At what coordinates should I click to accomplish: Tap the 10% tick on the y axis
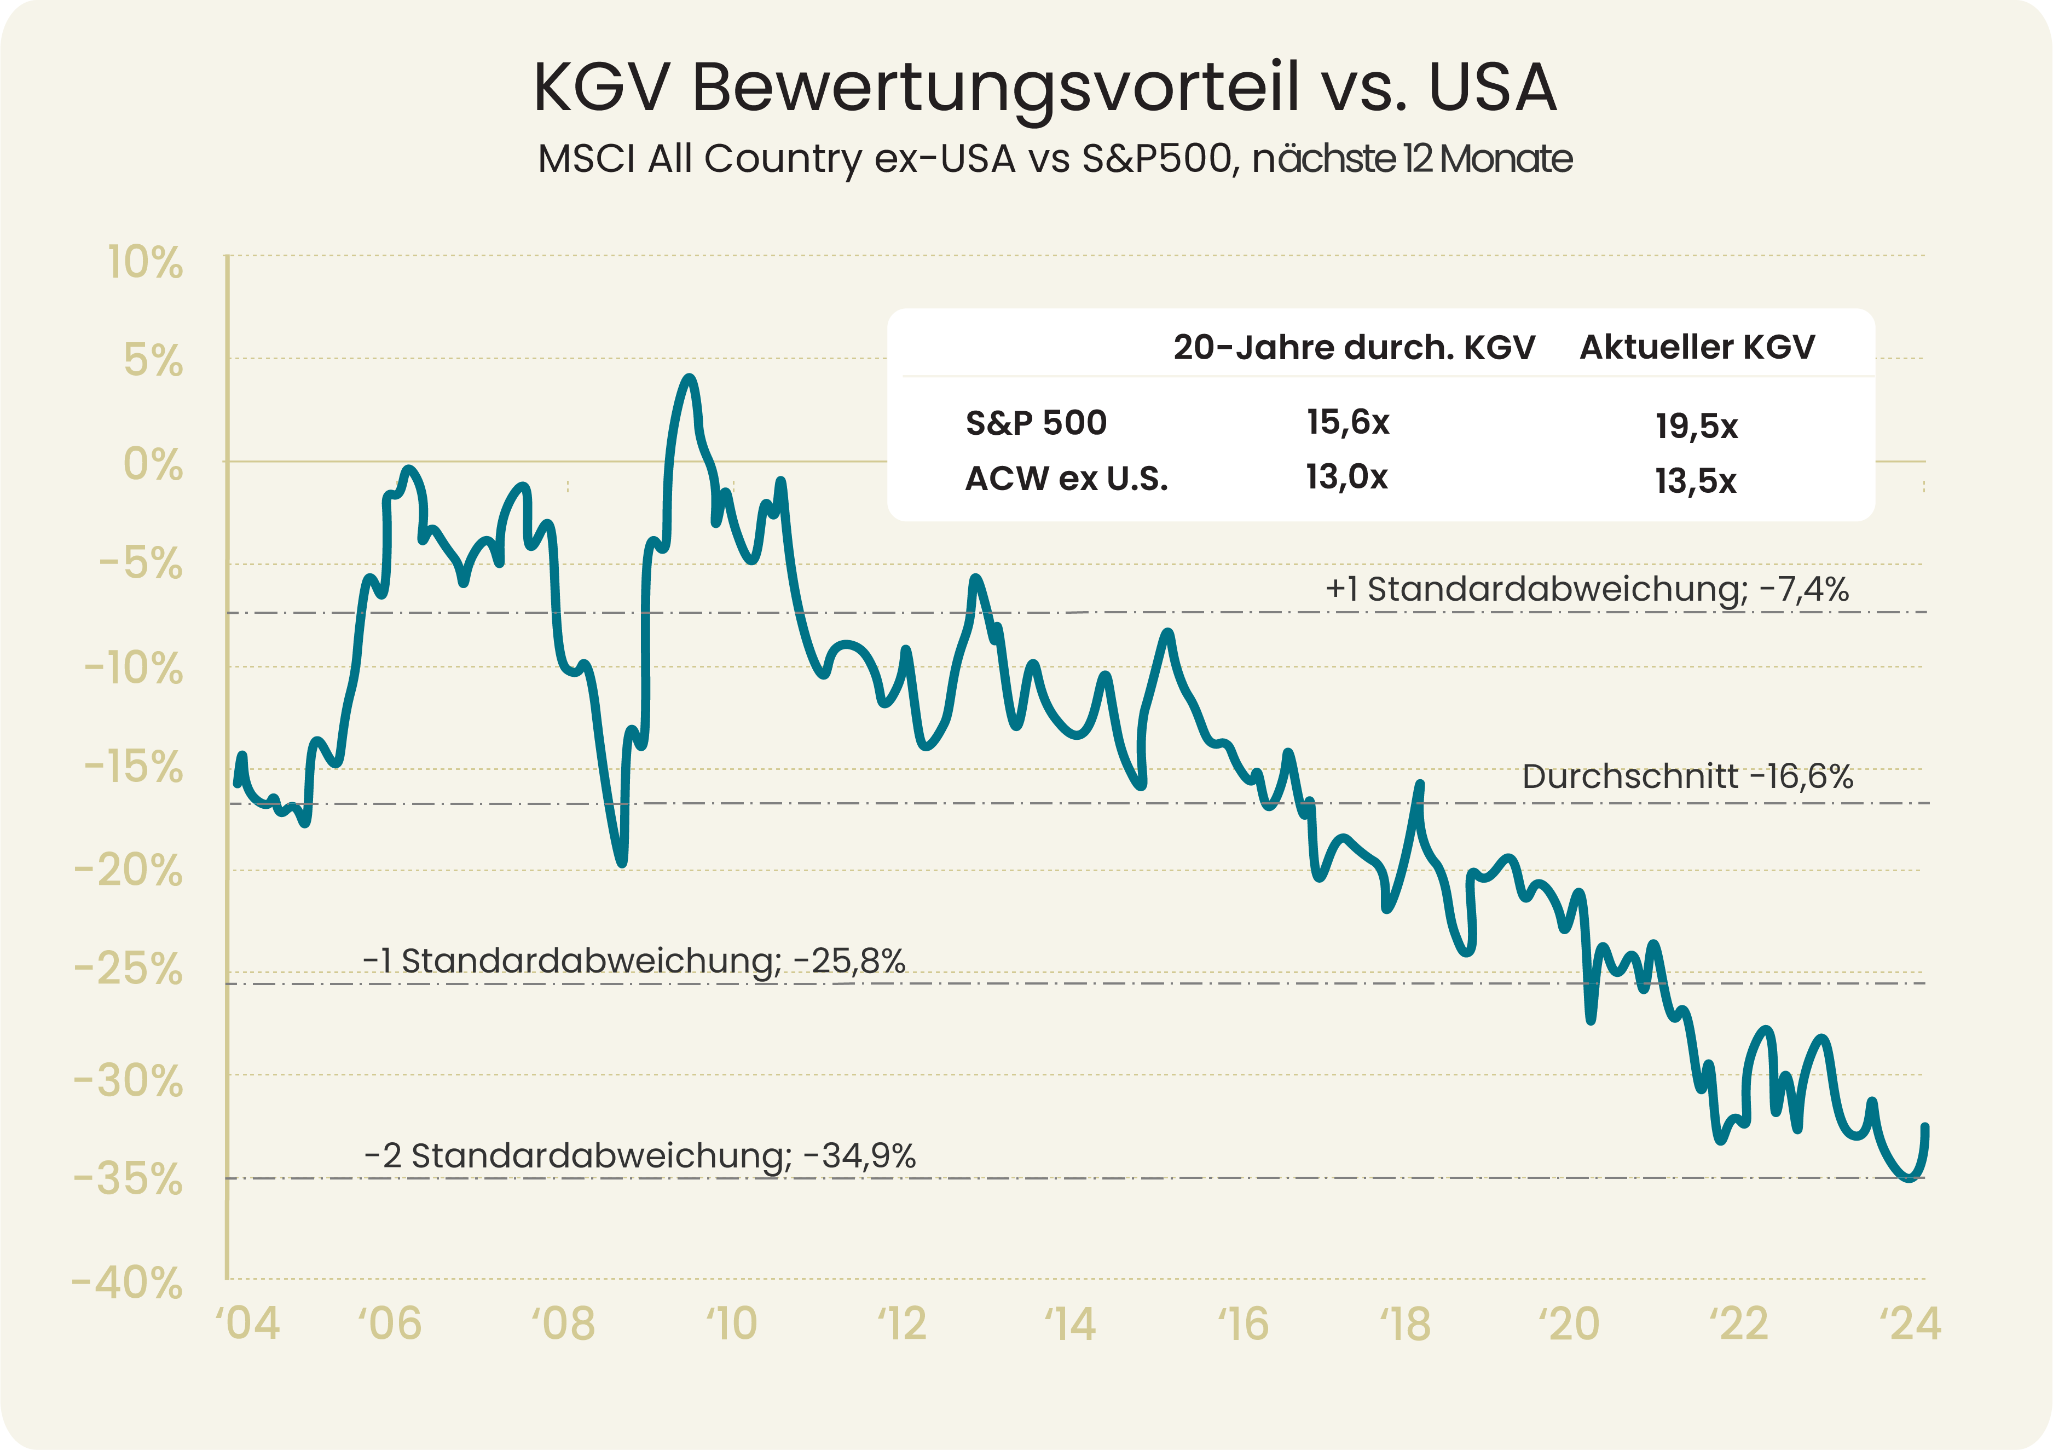pyautogui.click(x=146, y=263)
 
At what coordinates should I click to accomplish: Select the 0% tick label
pyautogui.click(x=153, y=465)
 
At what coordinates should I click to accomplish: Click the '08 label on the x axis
pyautogui.click(x=563, y=1324)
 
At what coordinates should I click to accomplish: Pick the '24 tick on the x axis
pyautogui.click(x=1910, y=1324)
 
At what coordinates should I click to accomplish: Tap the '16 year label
pyautogui.click(x=1243, y=1324)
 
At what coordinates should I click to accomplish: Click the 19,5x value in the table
pyautogui.click(x=1696, y=427)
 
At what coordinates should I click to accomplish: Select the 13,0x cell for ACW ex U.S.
pyautogui.click(x=1346, y=477)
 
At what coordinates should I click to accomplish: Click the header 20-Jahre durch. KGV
pyautogui.click(x=1354, y=347)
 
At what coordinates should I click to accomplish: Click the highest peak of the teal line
pyautogui.click(x=689, y=379)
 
